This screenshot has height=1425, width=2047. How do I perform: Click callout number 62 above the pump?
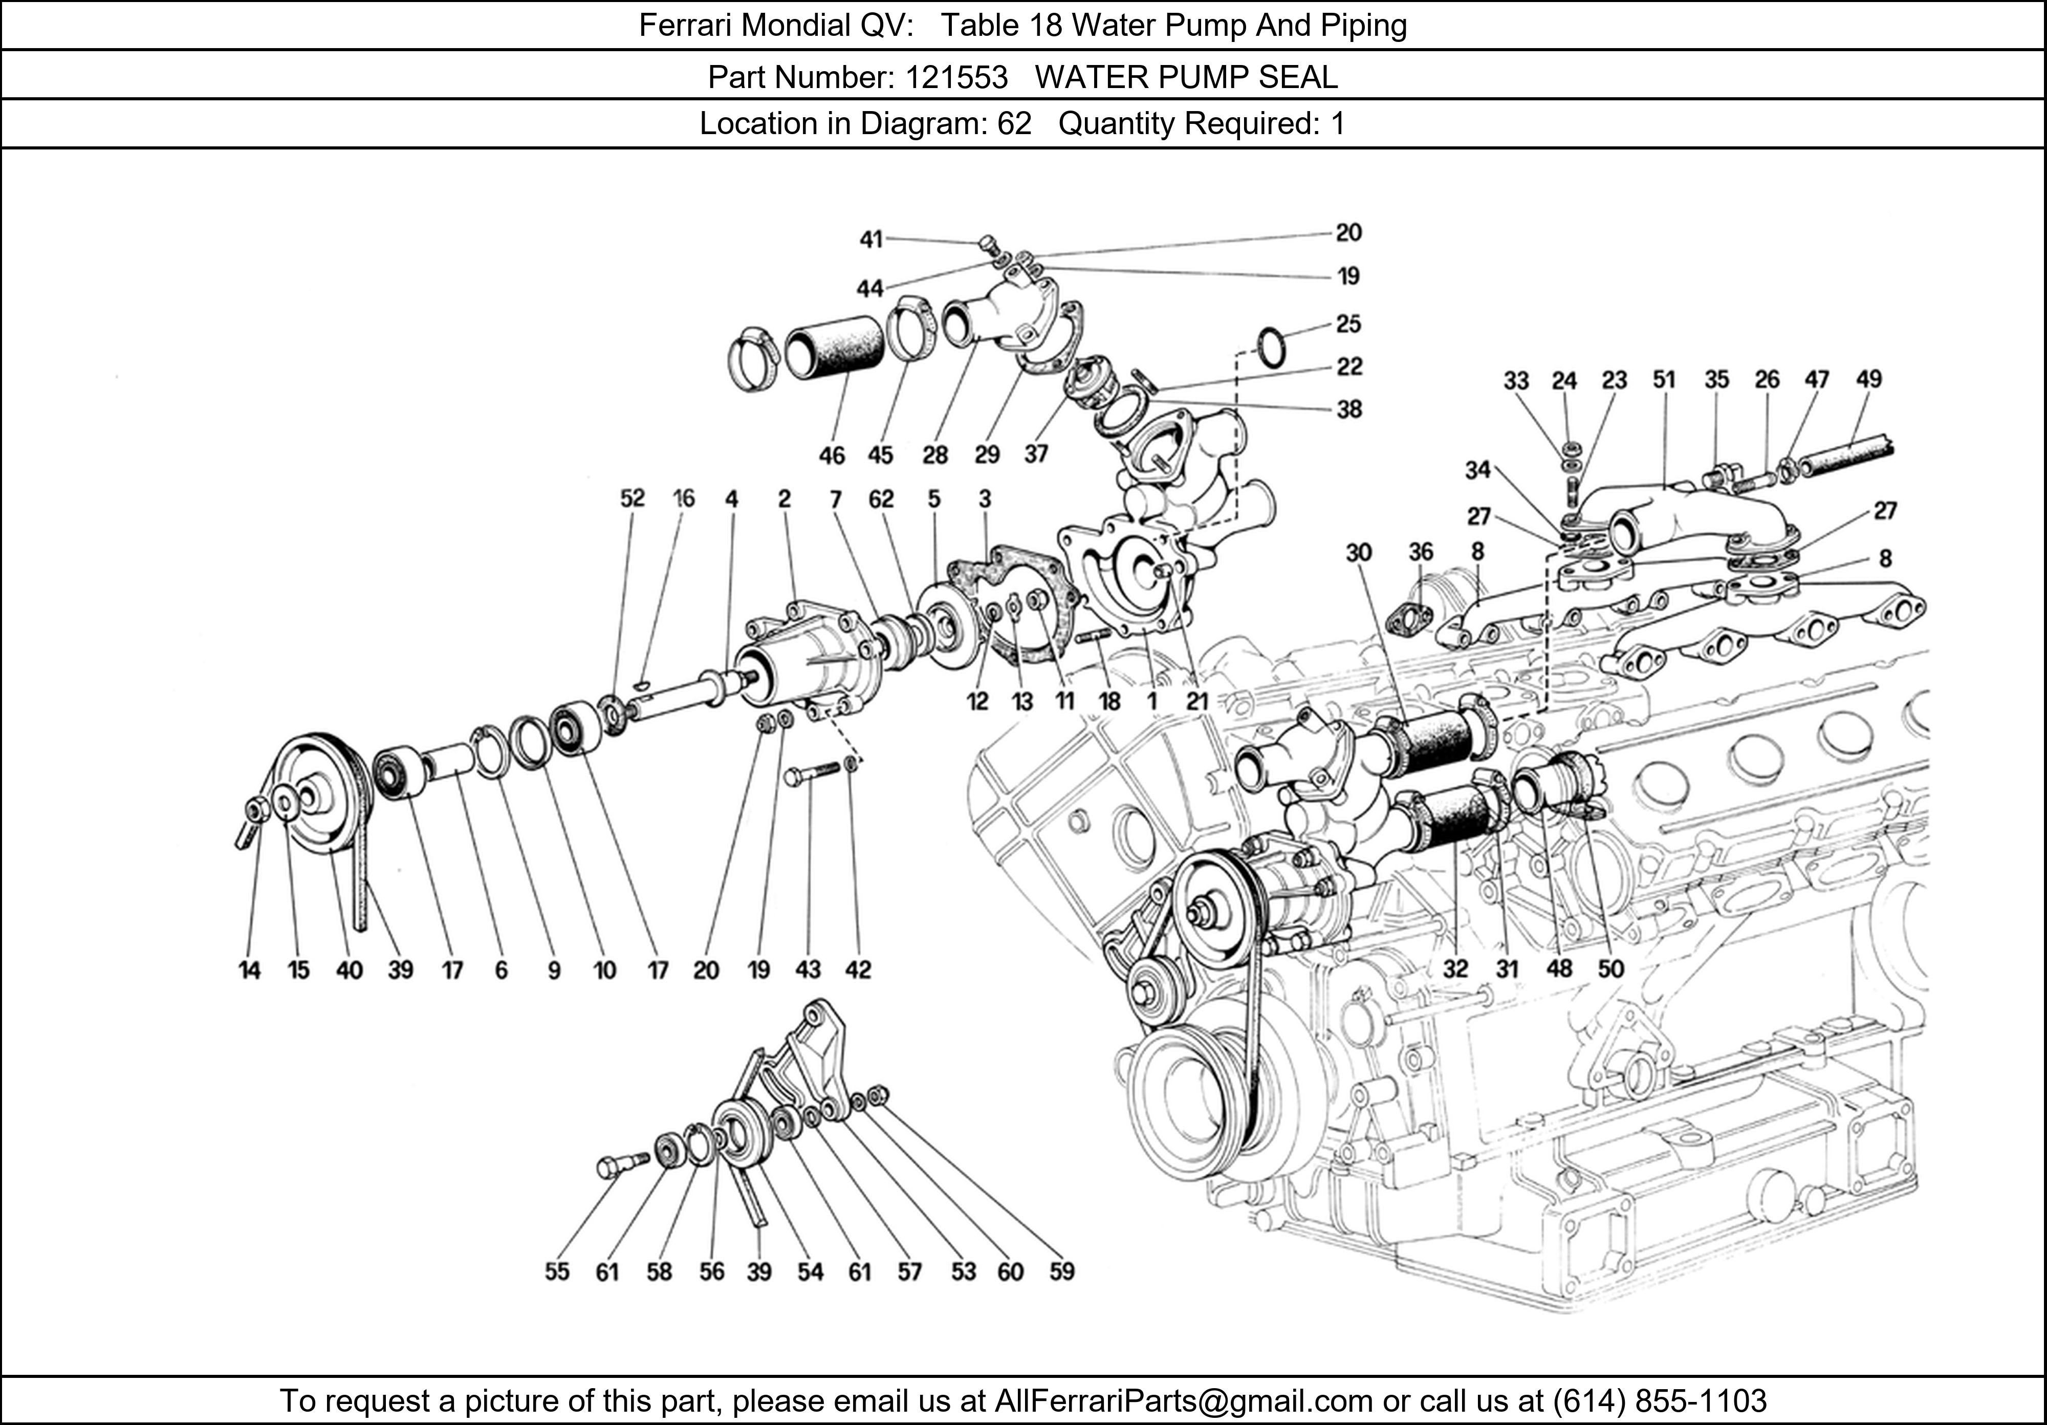click(880, 500)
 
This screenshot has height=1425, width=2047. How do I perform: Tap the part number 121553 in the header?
click(956, 78)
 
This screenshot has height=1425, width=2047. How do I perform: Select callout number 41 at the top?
click(870, 239)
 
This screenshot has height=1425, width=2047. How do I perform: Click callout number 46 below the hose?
click(831, 456)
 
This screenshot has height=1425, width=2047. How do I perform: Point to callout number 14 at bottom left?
click(250, 970)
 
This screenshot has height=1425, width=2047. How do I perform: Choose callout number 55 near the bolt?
click(556, 1271)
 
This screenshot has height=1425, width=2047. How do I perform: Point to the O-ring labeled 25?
click(1271, 347)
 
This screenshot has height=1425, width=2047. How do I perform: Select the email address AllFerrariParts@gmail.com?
click(1183, 1401)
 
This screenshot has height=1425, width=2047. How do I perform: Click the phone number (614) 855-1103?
click(1659, 1401)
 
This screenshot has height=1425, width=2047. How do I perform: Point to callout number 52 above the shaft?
click(632, 499)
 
